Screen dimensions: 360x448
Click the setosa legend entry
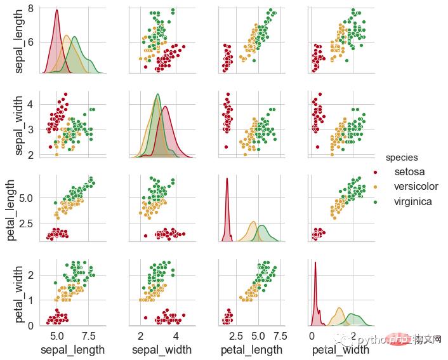point(409,171)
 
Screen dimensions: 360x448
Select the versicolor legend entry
point(416,187)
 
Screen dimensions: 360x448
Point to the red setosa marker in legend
point(374,172)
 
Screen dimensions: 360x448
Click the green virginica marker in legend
point(374,202)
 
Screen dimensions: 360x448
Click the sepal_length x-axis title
point(72,350)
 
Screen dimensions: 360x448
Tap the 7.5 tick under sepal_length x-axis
point(89,336)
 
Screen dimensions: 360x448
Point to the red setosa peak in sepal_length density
point(57,10)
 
